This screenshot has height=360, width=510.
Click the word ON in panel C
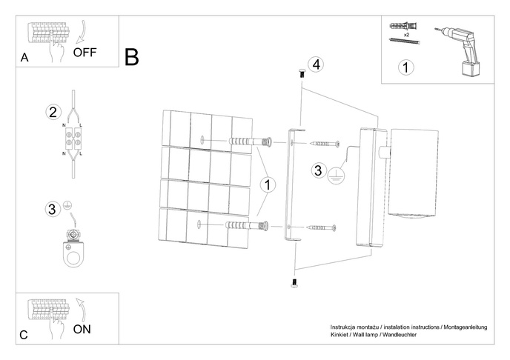[x=83, y=330]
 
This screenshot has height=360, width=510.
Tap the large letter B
[x=133, y=57]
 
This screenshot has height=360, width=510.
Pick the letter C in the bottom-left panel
[x=24, y=335]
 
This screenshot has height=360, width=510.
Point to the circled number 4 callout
[x=317, y=64]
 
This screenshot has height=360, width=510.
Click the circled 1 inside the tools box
[x=405, y=68]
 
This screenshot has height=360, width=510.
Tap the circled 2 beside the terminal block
[x=52, y=113]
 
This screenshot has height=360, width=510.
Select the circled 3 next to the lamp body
[x=318, y=170]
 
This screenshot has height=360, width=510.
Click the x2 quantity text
[x=408, y=35]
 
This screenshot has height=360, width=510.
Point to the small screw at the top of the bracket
[x=300, y=73]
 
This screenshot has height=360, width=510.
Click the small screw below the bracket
[x=294, y=282]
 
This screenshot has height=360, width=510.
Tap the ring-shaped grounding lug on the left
[x=73, y=250]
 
